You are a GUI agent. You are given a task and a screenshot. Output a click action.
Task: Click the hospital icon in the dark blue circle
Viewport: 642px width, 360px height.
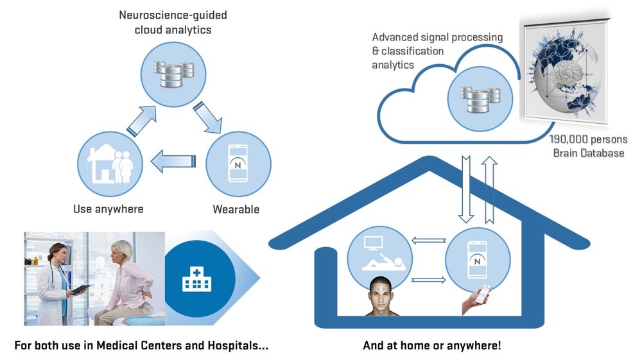(x=196, y=279)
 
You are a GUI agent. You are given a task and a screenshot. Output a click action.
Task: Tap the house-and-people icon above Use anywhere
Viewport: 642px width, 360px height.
(x=110, y=164)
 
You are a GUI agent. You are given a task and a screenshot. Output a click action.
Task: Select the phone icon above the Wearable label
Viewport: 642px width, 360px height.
(x=238, y=163)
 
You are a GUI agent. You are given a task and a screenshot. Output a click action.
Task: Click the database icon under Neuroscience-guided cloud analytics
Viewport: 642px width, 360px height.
(x=173, y=74)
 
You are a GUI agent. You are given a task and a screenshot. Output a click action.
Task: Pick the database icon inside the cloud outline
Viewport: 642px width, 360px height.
(x=480, y=99)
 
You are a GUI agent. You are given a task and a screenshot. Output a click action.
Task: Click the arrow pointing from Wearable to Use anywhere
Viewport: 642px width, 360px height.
(x=173, y=161)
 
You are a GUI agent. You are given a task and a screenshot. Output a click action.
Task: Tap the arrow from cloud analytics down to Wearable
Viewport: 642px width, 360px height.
(x=207, y=117)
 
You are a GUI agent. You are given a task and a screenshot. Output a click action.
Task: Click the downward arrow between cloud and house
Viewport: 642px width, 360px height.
(x=466, y=189)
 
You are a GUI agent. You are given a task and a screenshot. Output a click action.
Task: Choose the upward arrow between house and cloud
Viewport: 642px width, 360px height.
(x=489, y=189)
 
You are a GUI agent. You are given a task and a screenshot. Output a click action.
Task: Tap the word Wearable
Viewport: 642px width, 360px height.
(x=236, y=209)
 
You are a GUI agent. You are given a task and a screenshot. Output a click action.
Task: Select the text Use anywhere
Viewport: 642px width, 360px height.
(x=108, y=209)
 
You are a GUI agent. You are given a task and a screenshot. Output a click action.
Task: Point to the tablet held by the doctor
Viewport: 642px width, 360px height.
(x=81, y=289)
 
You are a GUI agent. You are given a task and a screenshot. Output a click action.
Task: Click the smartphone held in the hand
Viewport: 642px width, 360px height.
(x=485, y=294)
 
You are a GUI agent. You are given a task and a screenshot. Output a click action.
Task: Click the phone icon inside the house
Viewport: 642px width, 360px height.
(x=478, y=260)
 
